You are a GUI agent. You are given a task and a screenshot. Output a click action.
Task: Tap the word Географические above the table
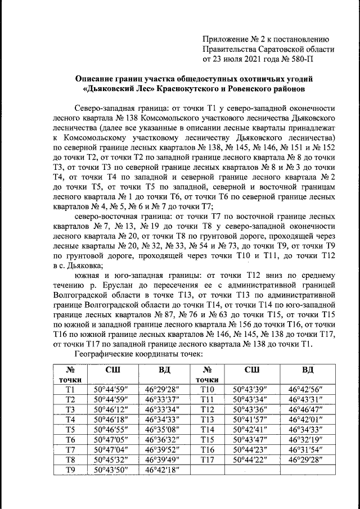[x=106, y=354]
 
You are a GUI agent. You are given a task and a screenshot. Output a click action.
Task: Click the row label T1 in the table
[x=70, y=389]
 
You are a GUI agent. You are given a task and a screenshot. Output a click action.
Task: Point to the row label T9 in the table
[x=70, y=470]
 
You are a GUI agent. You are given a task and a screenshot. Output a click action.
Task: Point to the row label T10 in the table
[x=208, y=389]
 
